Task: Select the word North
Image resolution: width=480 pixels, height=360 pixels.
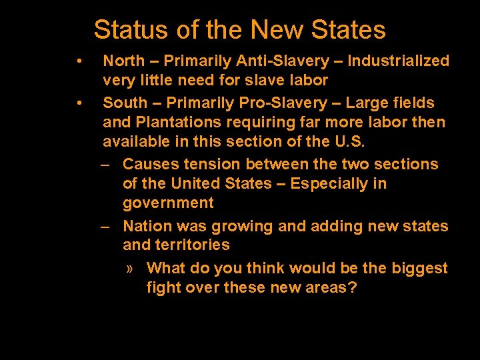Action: tap(124, 61)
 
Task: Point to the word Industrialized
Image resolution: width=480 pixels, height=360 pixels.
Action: tap(399, 61)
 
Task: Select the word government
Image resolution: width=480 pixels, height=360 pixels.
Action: tap(168, 203)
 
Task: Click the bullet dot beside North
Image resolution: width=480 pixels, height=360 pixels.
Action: tap(79, 61)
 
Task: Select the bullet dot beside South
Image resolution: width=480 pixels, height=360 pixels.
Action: tap(79, 103)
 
